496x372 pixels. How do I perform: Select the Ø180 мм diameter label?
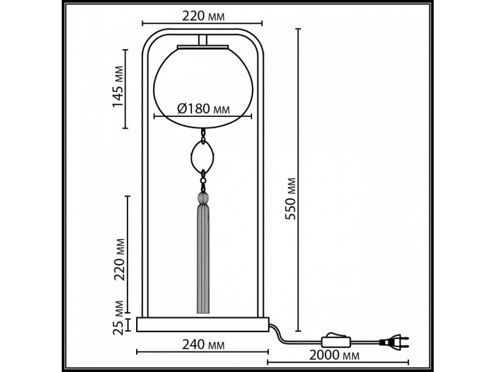[202, 109]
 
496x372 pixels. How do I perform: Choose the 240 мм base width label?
[202, 345]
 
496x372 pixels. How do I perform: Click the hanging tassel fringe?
[202, 259]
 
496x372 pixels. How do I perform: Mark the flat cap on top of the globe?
[202, 47]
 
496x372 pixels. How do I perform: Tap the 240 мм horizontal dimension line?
[165, 352]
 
